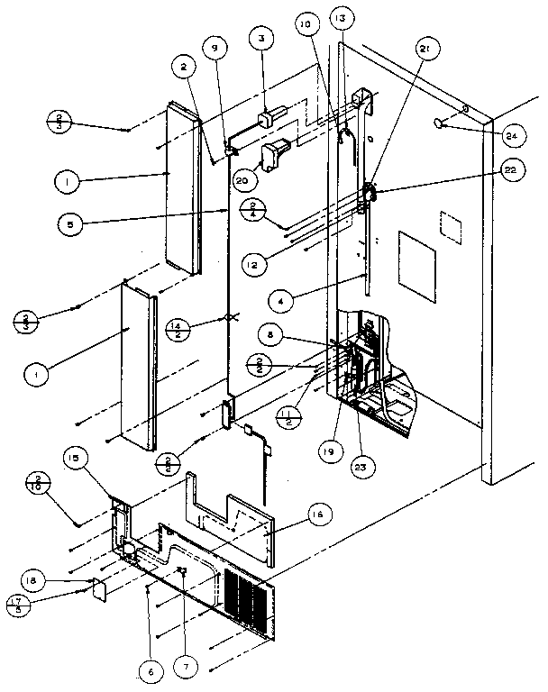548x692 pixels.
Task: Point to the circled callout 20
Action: click(x=242, y=180)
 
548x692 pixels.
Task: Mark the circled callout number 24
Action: click(x=511, y=136)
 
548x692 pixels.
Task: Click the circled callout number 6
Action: click(x=149, y=669)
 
